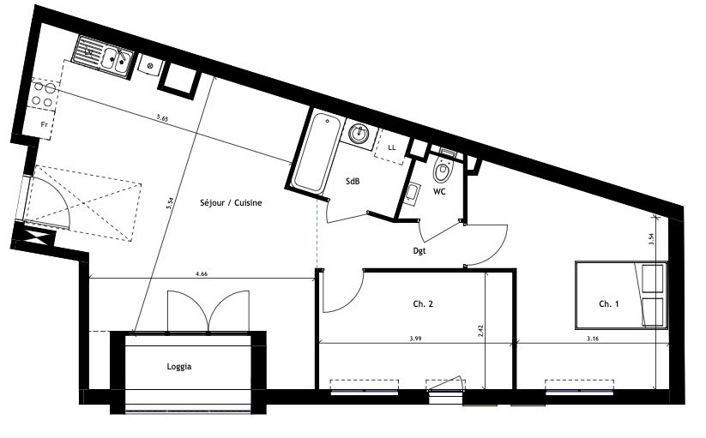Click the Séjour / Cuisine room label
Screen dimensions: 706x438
pos(231,203)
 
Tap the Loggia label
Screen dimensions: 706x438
pos(178,367)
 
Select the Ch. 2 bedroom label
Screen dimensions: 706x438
pos(423,304)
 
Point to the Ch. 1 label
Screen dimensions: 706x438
pos(609,304)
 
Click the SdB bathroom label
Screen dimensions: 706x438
pos(353,182)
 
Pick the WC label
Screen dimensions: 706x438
pos(439,191)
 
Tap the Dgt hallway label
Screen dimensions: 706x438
pos(419,251)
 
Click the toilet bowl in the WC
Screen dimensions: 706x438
pos(441,170)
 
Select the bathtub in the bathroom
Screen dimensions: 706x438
pos(316,152)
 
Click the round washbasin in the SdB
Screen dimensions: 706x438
pos(359,133)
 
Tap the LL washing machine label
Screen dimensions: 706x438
pos(392,147)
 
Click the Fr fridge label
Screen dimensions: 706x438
pos(44,124)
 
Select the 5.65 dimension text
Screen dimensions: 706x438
pos(162,118)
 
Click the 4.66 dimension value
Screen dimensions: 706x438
pos(202,273)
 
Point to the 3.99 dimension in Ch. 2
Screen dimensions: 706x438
pos(415,339)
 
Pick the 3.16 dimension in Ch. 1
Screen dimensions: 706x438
pos(593,339)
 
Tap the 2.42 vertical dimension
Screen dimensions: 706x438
pos(481,331)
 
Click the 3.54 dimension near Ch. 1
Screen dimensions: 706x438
pos(651,238)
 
